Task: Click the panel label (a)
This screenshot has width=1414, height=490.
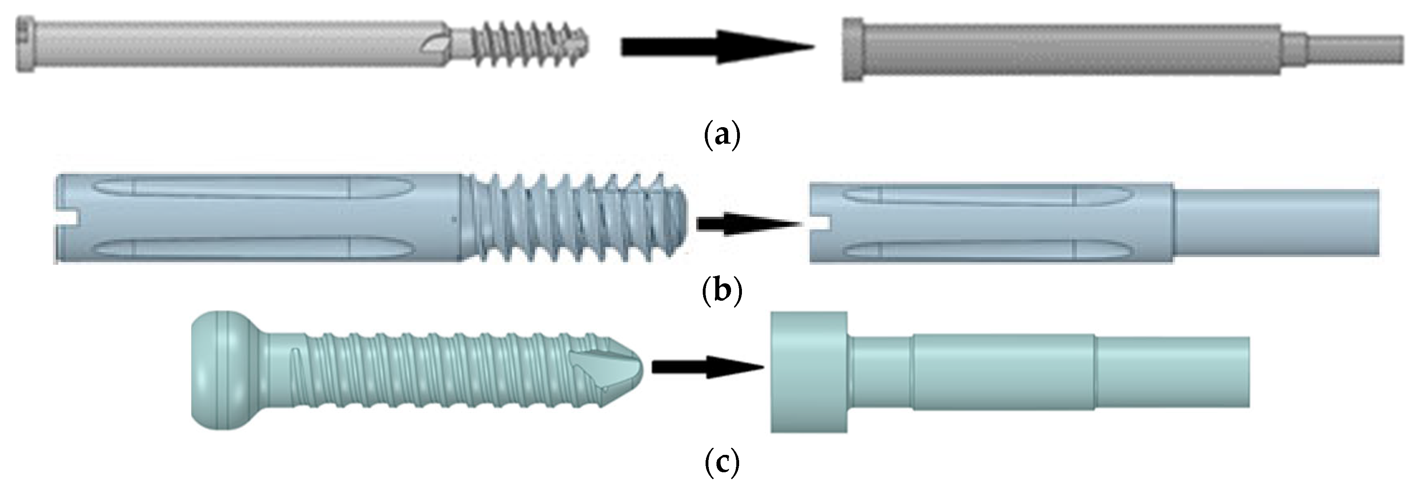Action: click(x=721, y=134)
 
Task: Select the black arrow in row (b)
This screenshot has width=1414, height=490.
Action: click(x=746, y=224)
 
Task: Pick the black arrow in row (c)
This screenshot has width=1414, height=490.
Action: click(x=708, y=366)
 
